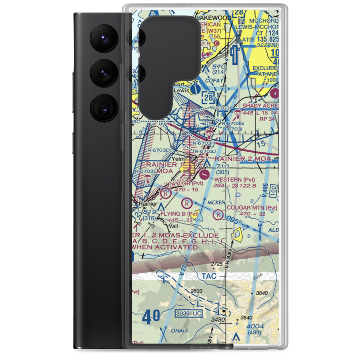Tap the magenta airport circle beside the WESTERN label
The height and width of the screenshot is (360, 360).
(x=204, y=175)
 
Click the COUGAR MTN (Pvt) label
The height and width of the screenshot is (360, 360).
(x=252, y=208)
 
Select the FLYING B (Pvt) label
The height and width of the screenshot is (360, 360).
(x=179, y=215)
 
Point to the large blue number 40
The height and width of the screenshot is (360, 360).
(x=151, y=318)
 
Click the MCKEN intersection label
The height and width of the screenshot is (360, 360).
(x=216, y=203)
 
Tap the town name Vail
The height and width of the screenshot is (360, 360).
(x=174, y=226)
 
